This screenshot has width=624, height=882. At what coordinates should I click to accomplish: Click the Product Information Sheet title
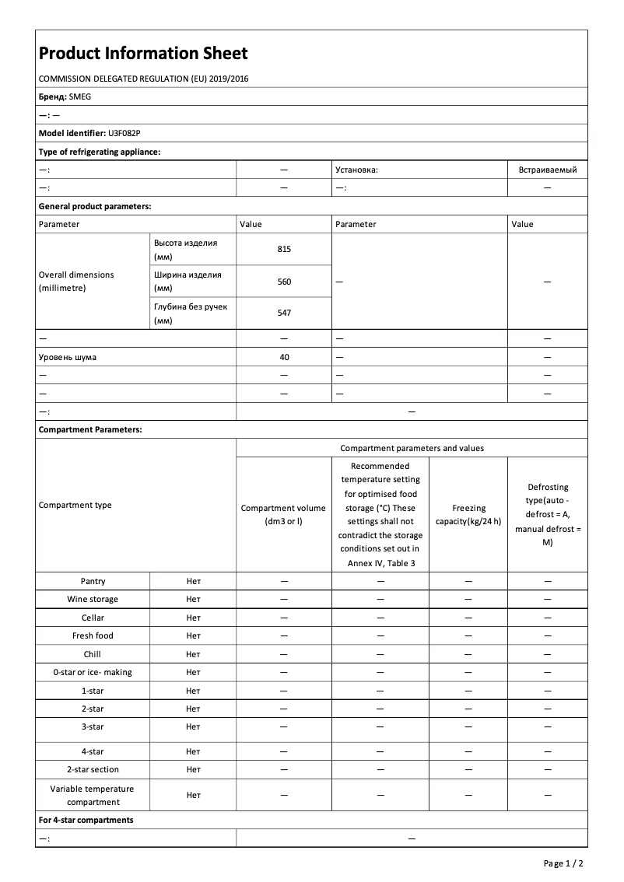[143, 54]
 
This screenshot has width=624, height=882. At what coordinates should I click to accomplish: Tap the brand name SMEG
[80, 97]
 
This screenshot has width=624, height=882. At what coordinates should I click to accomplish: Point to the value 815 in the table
[284, 250]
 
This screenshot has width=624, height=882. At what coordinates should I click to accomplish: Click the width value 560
[284, 282]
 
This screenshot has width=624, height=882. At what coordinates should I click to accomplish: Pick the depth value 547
[284, 313]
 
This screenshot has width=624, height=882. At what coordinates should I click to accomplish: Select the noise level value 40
[284, 357]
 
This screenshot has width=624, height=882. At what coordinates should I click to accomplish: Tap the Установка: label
[356, 170]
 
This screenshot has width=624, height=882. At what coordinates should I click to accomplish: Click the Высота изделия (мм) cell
[186, 250]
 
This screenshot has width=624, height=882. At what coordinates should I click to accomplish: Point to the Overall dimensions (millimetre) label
[76, 282]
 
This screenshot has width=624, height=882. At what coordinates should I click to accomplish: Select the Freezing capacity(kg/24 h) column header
[468, 514]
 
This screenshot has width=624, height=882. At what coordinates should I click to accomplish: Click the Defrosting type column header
[548, 514]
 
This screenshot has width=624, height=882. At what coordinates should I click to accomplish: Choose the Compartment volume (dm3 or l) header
[284, 514]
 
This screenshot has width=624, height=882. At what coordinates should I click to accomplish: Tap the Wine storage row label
[93, 599]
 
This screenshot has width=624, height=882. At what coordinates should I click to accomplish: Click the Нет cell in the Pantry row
[193, 581]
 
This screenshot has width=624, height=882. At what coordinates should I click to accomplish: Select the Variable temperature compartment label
[93, 795]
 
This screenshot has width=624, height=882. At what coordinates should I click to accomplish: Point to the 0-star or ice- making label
[93, 672]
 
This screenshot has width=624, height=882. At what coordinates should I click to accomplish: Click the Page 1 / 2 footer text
[563, 863]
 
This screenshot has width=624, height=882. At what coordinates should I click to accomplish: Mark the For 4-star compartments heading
[86, 820]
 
